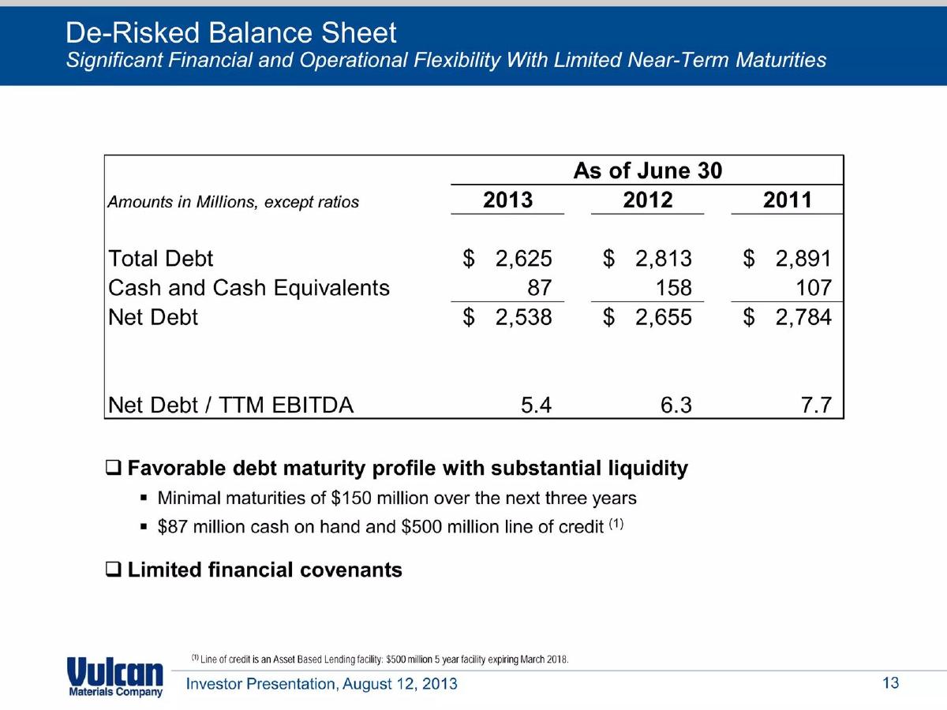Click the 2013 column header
[x=507, y=200]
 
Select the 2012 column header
[x=648, y=200]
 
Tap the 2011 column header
[x=788, y=200]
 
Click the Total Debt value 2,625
[x=523, y=259]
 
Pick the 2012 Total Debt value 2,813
[x=664, y=259]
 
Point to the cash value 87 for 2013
[x=539, y=287]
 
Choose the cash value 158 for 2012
[x=673, y=287]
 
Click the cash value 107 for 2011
[x=814, y=287]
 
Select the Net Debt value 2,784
[x=803, y=317]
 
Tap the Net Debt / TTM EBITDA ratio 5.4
[x=537, y=405]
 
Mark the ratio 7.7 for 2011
[x=816, y=405]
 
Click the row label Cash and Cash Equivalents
[x=249, y=288]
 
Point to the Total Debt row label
[x=160, y=259]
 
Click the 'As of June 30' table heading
[x=648, y=170]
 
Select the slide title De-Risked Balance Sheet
[x=230, y=33]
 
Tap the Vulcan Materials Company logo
[x=115, y=677]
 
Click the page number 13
[x=891, y=683]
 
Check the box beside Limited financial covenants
[x=113, y=570]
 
